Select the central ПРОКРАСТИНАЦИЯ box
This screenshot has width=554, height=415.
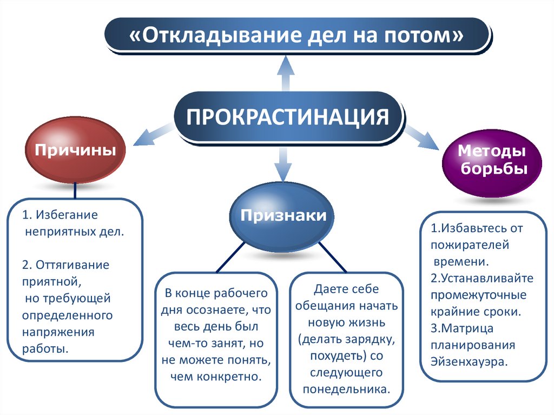(288, 117)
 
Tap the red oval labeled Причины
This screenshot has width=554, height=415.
(75, 149)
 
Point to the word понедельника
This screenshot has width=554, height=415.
(346, 389)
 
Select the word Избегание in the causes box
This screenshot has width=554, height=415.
(67, 215)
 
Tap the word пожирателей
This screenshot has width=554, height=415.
(470, 245)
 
